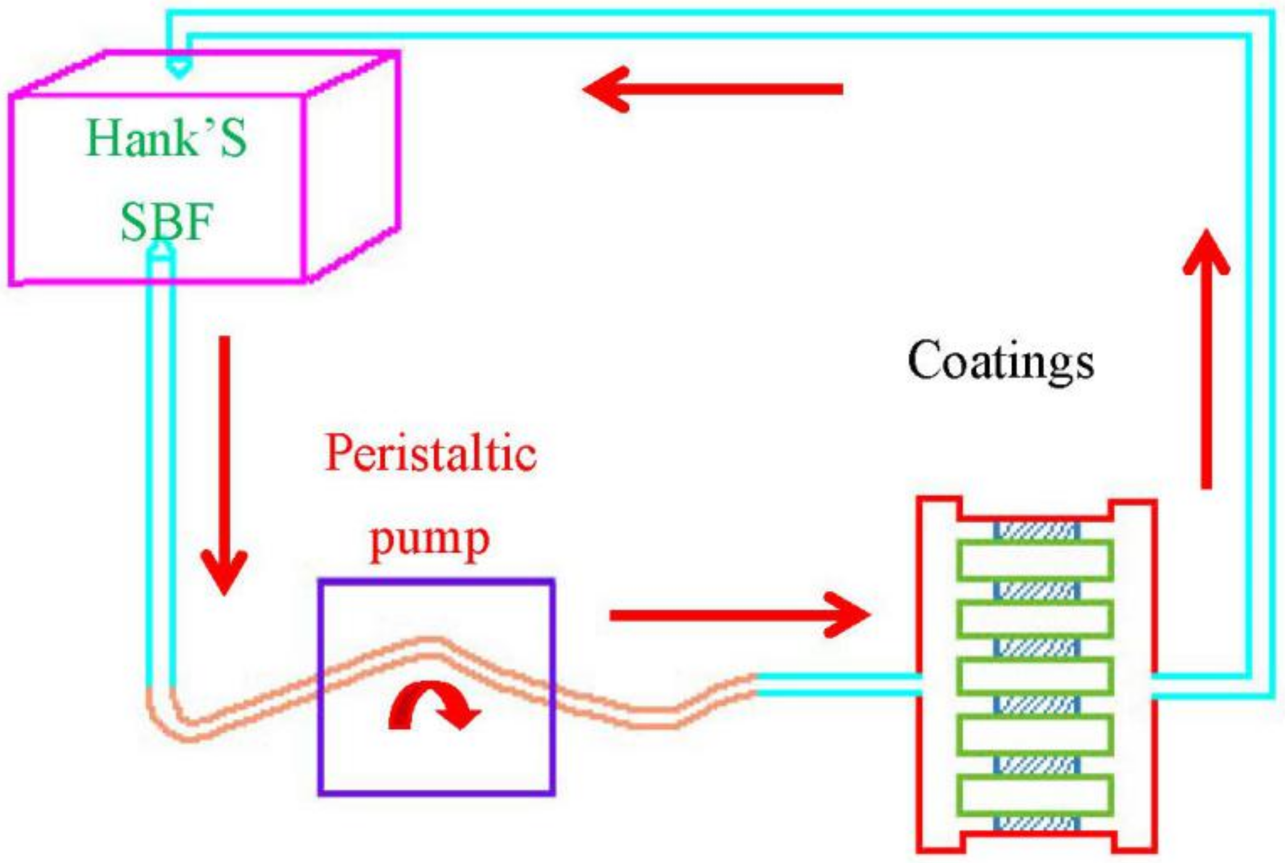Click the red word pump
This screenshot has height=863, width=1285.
pos(430,539)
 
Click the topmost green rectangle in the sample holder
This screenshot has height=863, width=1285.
pos(1035,560)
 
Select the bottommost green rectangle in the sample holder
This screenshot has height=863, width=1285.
pos(1035,795)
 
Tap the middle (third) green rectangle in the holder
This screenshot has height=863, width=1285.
pos(1035,676)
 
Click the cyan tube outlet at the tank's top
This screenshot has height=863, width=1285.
pos(178,67)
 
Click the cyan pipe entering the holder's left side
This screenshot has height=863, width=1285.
pos(839,684)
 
